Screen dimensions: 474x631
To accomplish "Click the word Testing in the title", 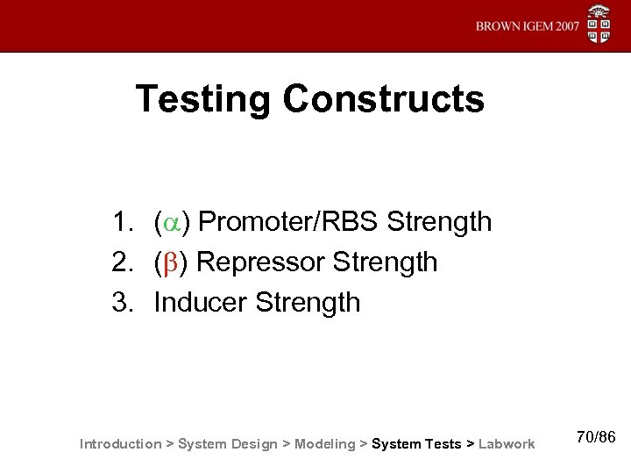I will [202, 99].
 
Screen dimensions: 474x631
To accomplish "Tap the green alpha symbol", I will [172, 223].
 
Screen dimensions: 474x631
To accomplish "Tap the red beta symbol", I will [172, 262].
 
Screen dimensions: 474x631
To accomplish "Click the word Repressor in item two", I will [260, 262].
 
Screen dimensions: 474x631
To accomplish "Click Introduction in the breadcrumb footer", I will [120, 444].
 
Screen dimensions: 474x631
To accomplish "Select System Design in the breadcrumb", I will [227, 444].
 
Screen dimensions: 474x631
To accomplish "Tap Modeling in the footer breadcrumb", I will [326, 444].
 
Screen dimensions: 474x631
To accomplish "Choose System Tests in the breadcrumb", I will [416, 444].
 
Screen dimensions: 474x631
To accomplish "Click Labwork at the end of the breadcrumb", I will [506, 444].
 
